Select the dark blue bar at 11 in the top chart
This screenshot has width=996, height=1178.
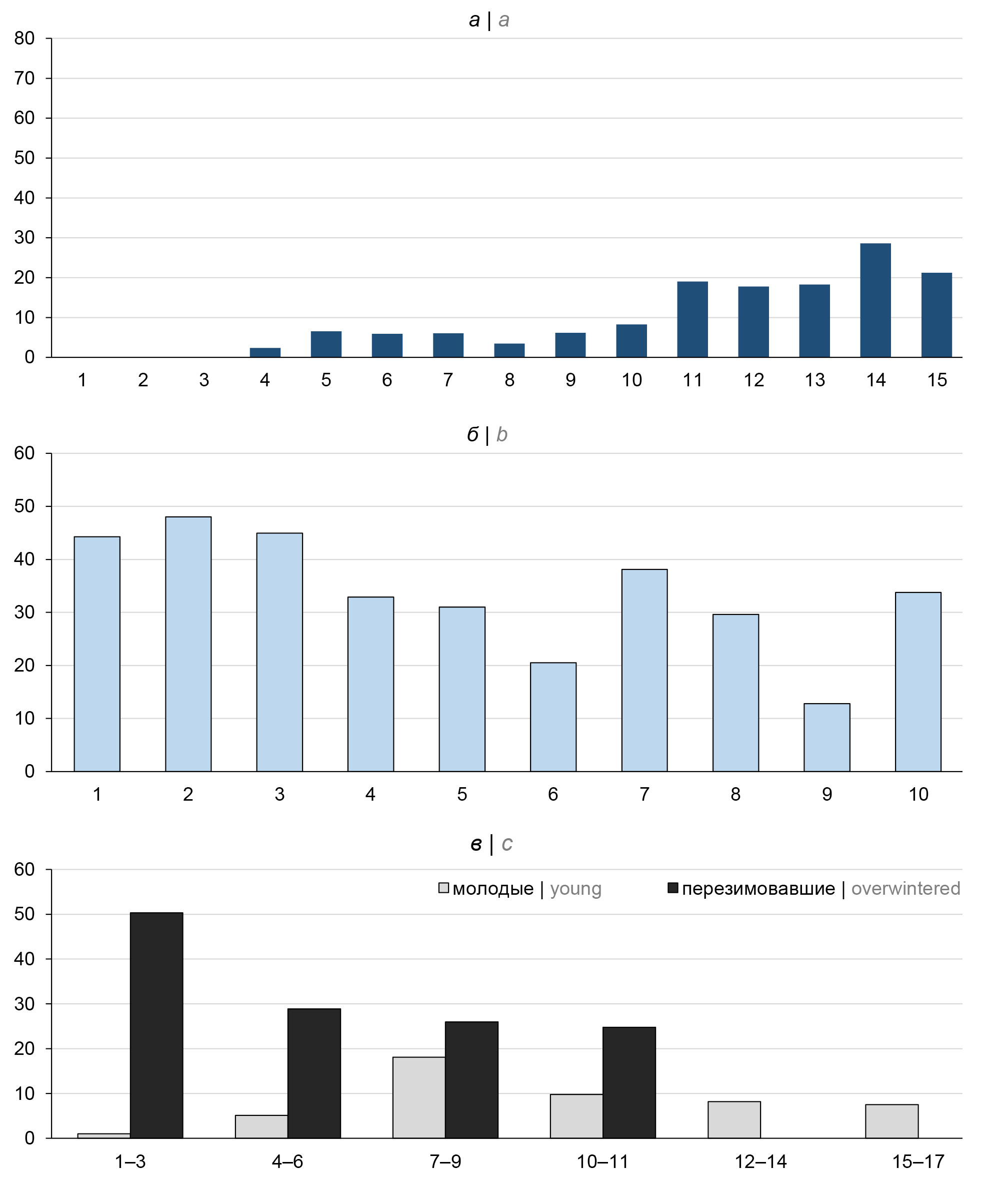[691, 319]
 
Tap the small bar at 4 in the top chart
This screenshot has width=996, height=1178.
[265, 353]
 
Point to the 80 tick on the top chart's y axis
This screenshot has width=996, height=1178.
[24, 39]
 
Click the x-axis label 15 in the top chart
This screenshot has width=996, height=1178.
[936, 380]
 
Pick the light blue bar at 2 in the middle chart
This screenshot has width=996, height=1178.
[188, 644]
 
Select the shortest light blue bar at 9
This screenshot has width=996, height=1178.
[826, 737]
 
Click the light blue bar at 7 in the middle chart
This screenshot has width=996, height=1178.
[644, 670]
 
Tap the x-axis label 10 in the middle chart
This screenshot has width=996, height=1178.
[918, 794]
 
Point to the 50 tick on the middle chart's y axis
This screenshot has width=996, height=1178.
[24, 506]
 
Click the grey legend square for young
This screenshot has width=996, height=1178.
[444, 888]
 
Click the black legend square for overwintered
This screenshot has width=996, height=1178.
[672, 888]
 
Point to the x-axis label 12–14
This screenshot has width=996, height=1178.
[760, 1161]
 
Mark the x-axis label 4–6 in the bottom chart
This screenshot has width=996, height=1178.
[287, 1161]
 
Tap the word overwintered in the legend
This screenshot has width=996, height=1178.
[905, 889]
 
